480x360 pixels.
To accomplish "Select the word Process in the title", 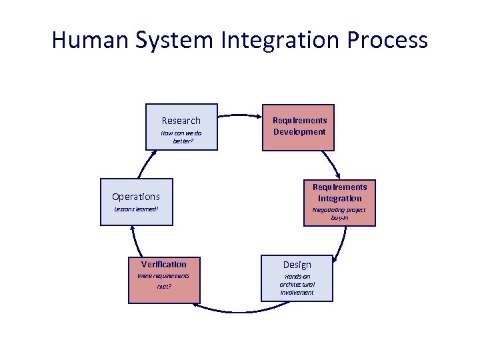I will click(387, 40).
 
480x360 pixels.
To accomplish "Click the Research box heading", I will click(181, 121).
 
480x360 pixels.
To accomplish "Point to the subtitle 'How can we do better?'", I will click(181, 137).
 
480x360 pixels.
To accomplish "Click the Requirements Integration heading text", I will click(339, 193).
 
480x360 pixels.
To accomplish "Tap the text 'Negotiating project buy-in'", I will click(339, 213).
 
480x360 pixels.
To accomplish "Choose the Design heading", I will click(297, 265).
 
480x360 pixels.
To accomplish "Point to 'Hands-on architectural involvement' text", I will click(297, 284).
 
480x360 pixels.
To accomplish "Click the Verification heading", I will click(163, 264).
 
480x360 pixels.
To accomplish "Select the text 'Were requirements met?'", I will click(163, 281).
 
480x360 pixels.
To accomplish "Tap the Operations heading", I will click(136, 197).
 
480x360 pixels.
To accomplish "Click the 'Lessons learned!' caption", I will click(136, 209).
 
